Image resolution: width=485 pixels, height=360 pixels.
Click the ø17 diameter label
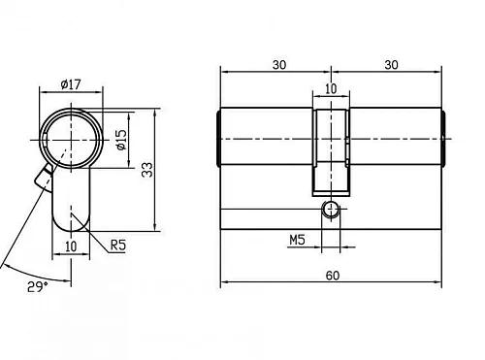tap(70, 83)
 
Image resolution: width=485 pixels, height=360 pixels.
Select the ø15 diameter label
tap(121, 141)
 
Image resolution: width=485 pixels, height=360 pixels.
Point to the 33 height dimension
tap(146, 170)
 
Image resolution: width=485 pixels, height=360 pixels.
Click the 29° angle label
tap(37, 288)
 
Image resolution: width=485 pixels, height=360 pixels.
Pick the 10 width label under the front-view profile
tap(71, 246)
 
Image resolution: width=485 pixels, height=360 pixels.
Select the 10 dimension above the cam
tap(330, 88)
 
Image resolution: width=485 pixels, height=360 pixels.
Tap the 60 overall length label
tap(332, 276)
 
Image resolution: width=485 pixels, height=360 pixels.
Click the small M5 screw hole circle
tap(332, 209)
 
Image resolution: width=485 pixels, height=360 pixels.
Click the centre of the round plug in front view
tap(71, 140)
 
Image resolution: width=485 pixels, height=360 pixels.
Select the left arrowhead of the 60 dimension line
tap(225, 283)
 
